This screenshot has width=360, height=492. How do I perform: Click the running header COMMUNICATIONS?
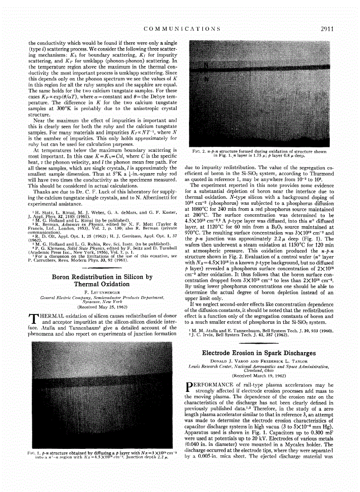(182, 29)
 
